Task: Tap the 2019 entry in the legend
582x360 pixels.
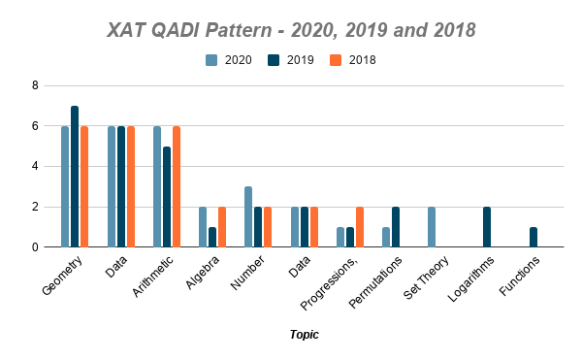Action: (x=291, y=60)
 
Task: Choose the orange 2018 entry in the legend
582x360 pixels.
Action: (x=354, y=60)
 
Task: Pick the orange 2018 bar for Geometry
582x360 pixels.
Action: (x=84, y=186)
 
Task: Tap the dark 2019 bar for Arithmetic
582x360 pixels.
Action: (x=167, y=197)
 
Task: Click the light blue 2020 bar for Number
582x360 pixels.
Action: (x=248, y=216)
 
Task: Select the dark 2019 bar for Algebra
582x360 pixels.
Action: (x=212, y=237)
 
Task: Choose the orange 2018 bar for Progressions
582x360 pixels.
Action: (x=361, y=227)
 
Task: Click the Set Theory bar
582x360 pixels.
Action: (x=432, y=227)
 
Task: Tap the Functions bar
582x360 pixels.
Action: (x=534, y=237)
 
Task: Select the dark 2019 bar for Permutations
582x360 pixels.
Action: (x=396, y=227)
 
